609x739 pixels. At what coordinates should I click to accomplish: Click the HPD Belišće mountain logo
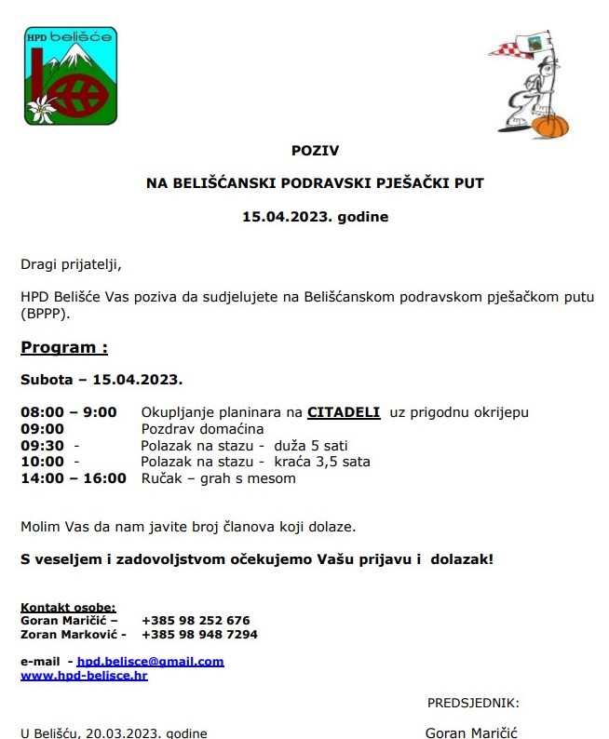coord(71,76)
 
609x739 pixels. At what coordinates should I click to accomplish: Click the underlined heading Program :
coord(64,347)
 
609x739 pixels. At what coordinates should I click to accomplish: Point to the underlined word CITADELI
coord(344,412)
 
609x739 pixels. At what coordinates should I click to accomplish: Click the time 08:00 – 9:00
coord(69,412)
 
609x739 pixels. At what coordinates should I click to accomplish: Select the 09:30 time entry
coord(43,446)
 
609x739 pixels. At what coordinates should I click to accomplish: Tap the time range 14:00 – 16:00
coord(74,478)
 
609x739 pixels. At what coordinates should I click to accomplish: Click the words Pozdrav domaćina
coord(202,429)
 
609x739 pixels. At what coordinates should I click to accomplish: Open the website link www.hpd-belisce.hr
coord(84,675)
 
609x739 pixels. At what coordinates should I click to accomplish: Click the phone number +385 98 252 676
coord(196,620)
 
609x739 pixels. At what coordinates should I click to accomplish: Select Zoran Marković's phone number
coord(199,634)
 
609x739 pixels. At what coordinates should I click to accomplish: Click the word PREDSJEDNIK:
coord(473,703)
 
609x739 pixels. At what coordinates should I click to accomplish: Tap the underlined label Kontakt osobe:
coord(68,607)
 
